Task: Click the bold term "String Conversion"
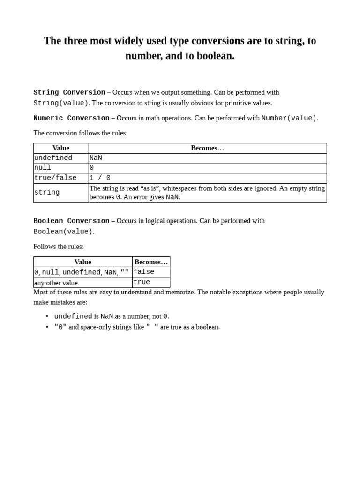(69, 92)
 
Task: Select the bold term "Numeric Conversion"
(71, 118)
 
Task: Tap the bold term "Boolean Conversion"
(71, 221)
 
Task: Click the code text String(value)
(60, 103)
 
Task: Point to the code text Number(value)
(289, 118)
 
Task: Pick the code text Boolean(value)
(63, 232)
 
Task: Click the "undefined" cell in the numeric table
(53, 158)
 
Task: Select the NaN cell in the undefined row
(96, 158)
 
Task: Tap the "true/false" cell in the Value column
(55, 178)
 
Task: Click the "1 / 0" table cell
(100, 178)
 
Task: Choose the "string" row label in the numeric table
(47, 192)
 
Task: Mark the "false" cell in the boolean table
(144, 272)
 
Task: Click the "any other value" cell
(56, 283)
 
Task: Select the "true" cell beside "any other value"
(142, 282)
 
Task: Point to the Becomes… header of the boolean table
(151, 262)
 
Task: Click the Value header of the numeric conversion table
(61, 148)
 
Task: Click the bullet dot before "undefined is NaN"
(47, 316)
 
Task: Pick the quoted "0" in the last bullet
(60, 327)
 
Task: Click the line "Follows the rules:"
(59, 247)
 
